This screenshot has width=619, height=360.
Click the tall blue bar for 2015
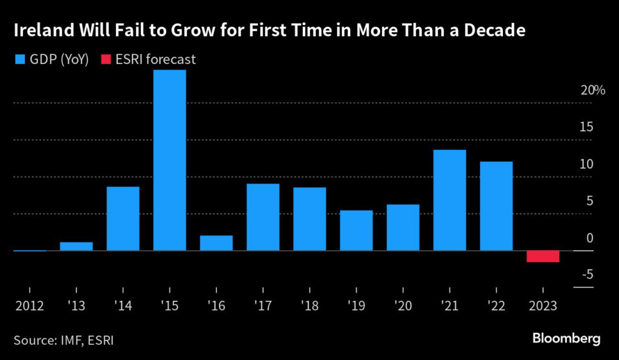169,160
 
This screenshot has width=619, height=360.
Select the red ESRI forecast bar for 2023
543,256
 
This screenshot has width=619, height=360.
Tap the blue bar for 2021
450,200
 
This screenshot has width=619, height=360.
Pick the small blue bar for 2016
216,243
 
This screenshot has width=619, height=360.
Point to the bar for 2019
356,230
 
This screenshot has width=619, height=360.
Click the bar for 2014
123,218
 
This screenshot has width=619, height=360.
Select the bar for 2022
496,206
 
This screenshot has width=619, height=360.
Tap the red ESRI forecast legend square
106,59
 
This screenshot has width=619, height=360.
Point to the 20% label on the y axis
592,91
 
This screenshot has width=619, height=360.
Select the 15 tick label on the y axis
587,127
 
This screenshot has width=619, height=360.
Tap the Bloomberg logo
566,338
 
